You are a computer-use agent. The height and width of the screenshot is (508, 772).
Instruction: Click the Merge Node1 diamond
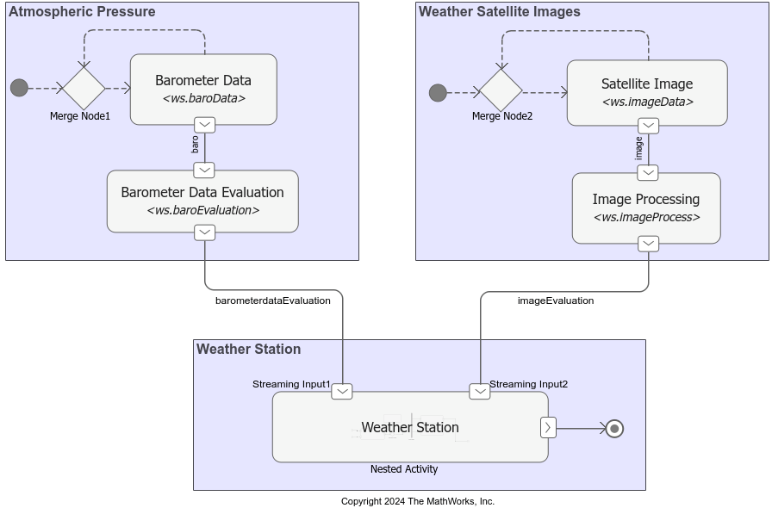coord(84,88)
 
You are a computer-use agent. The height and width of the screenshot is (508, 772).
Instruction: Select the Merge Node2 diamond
coord(501,91)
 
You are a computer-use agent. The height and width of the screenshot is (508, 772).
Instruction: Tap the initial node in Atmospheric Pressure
coord(19,88)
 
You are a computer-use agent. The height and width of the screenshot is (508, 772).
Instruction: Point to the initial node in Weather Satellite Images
coord(438,92)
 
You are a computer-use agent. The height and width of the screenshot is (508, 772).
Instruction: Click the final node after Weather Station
coord(614,428)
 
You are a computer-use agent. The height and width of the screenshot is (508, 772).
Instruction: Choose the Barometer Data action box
coord(203,89)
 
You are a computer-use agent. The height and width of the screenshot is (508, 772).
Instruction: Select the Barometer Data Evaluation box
coord(202,201)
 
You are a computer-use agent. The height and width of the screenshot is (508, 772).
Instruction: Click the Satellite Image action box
coord(647,92)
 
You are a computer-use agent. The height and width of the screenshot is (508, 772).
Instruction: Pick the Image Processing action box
coord(646,208)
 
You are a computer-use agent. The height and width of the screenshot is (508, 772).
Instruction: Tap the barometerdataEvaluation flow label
coord(273,300)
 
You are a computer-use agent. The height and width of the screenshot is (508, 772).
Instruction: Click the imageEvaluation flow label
coord(556,300)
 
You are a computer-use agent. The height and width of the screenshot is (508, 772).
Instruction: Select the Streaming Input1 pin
coord(342,392)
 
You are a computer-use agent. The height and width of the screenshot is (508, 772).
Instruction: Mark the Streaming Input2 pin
coord(480,392)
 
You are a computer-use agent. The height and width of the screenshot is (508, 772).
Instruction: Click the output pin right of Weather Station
coord(548,427)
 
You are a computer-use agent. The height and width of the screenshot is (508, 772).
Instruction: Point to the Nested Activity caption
coord(404,469)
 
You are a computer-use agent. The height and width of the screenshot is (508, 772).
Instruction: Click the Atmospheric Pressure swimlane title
coord(82,12)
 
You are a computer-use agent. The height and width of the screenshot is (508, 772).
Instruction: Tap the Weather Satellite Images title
coord(500,12)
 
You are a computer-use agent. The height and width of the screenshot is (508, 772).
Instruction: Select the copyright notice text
coord(418,501)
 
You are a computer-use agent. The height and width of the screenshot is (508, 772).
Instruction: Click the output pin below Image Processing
coord(649,244)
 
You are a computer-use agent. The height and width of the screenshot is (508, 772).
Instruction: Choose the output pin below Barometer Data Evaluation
coord(205,232)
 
